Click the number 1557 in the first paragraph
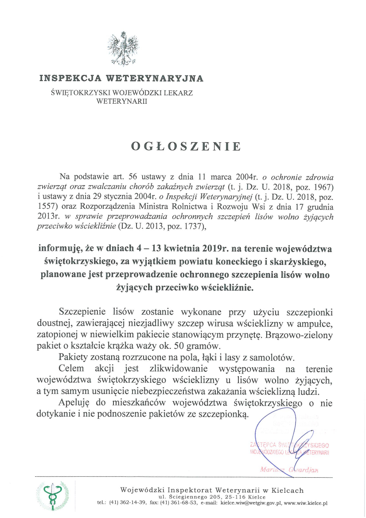pyautogui.click(x=47, y=205)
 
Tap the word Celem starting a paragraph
pyautogui.click(x=71, y=369)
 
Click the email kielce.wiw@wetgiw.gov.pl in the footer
pyautogui.click(x=251, y=503)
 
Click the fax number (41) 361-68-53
pyautogui.click(x=181, y=503)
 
